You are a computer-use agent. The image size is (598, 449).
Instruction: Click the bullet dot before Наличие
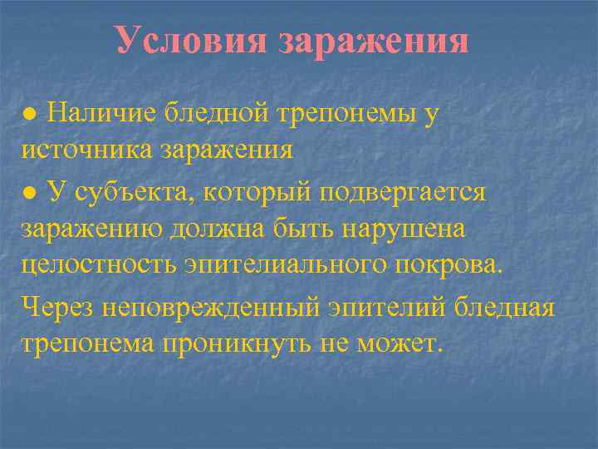pos(29,115)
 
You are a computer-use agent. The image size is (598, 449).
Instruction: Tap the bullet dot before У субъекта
pos(29,192)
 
